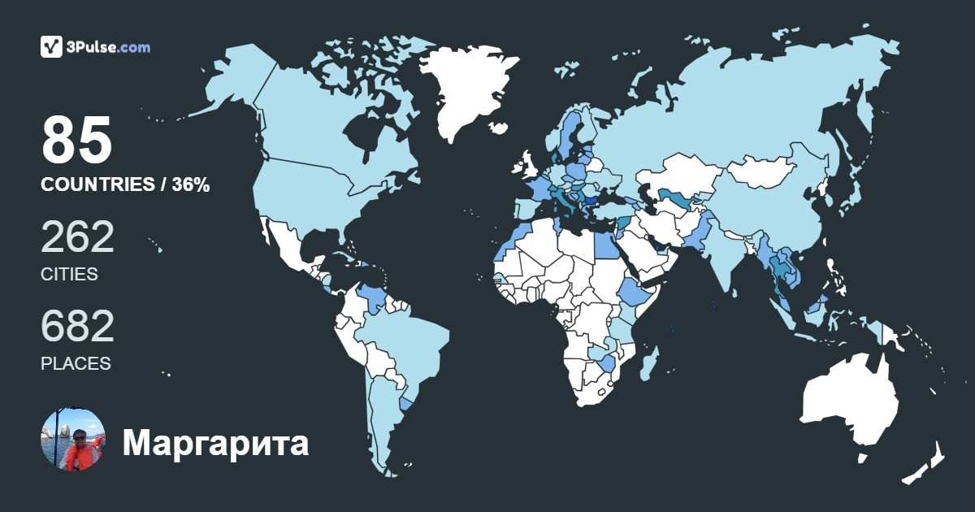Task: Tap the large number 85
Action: [76, 141]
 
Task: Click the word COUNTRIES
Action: [97, 185]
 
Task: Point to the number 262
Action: [77, 237]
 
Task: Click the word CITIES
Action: [69, 274]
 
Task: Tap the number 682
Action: [77, 327]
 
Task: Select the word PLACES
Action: [76, 363]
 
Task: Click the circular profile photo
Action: [73, 440]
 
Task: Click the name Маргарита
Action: [215, 444]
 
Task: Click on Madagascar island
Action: [649, 362]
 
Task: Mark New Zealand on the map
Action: [926, 463]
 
